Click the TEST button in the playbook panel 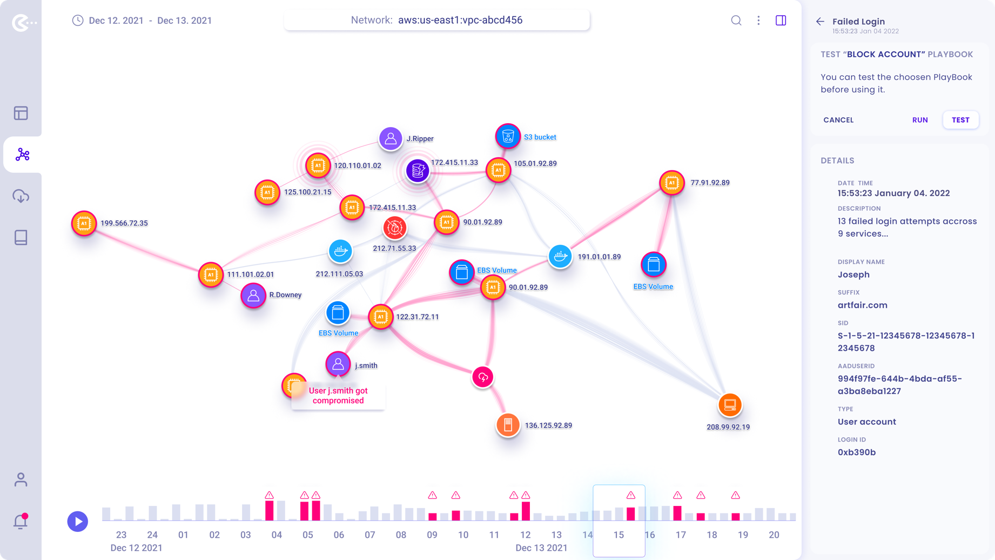tap(960, 120)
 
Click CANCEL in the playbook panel tap(838, 120)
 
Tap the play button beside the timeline tap(78, 522)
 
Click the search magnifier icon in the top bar tap(736, 21)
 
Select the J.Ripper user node tap(391, 139)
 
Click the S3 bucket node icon tap(508, 136)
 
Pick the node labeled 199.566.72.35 tap(84, 223)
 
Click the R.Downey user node tap(253, 295)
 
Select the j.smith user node tap(338, 364)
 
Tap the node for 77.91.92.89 tap(672, 183)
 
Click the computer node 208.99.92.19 tap(730, 405)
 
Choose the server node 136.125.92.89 tap(508, 425)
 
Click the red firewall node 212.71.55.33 tap(395, 228)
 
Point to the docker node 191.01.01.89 tap(560, 256)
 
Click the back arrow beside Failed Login tap(820, 22)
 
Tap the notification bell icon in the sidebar tap(21, 521)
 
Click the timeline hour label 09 tap(432, 535)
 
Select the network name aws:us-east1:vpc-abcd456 tap(460, 21)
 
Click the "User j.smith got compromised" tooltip tap(338, 396)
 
